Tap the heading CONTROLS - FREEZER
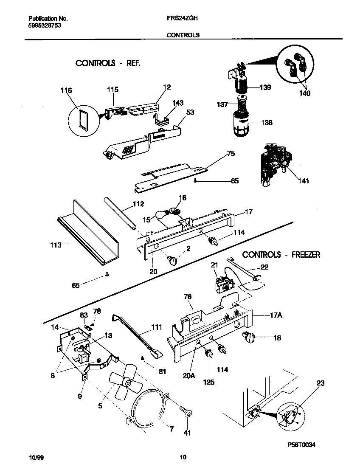point(281,255)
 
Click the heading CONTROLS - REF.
point(107,63)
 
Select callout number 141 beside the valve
point(303,181)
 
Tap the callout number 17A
point(276,315)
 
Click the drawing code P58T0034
point(301,444)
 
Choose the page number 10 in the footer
point(183,457)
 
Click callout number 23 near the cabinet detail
point(320,383)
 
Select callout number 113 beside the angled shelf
point(56,245)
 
